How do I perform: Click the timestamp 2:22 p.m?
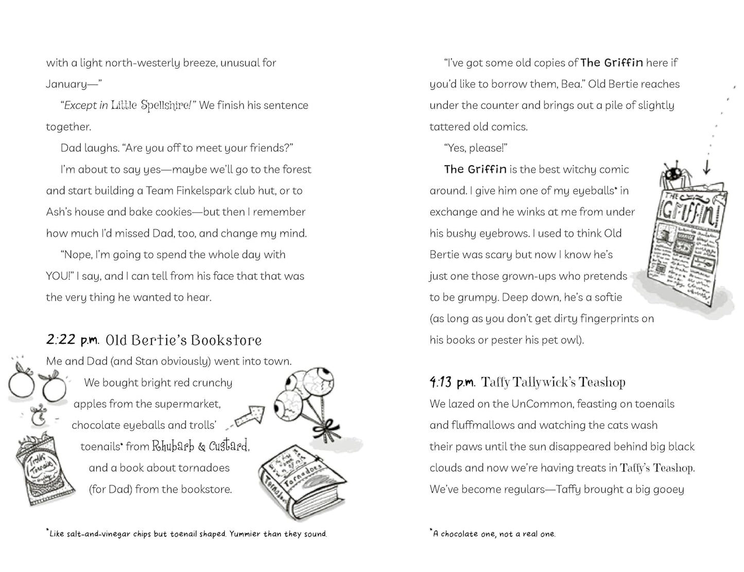[x=72, y=340]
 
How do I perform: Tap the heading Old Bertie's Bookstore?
[x=183, y=340]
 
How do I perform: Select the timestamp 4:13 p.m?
[x=452, y=382]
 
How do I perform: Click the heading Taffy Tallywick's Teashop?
[x=553, y=383]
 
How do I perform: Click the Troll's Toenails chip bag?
[x=44, y=469]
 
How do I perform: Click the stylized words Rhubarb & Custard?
[x=200, y=446]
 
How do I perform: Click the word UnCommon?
[x=542, y=404]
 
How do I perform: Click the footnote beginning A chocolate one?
[x=493, y=534]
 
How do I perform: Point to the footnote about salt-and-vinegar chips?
[x=187, y=534]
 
